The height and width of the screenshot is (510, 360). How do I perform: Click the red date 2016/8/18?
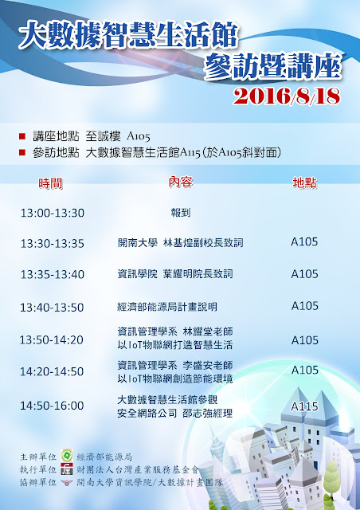[x=287, y=96]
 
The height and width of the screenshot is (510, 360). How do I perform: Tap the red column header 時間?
[x=50, y=183]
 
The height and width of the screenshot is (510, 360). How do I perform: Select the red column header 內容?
[x=181, y=182]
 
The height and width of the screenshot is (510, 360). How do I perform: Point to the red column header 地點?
[x=305, y=182]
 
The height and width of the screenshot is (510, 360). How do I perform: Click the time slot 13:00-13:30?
[x=53, y=213]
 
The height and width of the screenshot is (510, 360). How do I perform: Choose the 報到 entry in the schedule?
[x=181, y=213]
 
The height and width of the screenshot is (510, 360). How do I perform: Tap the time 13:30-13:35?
[x=53, y=244]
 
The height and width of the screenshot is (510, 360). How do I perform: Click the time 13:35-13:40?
[x=53, y=274]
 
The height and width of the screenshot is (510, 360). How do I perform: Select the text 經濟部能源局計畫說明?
[x=166, y=307]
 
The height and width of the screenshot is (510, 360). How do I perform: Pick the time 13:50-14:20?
[x=52, y=340]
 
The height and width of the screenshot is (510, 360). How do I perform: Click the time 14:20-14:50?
[x=52, y=371]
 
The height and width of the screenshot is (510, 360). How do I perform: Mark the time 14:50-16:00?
[x=52, y=406]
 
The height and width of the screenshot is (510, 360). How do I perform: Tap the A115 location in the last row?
[x=304, y=406]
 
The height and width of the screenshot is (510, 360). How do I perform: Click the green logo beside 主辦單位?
[x=67, y=456]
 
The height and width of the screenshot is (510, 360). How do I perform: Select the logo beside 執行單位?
[x=67, y=469]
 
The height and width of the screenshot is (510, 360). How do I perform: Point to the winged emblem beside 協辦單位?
[x=67, y=482]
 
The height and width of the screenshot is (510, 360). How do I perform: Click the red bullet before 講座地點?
[x=22, y=136]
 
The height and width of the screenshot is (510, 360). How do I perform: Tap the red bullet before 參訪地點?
[x=22, y=152]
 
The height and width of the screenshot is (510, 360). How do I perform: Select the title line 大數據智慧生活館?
[x=128, y=35]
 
